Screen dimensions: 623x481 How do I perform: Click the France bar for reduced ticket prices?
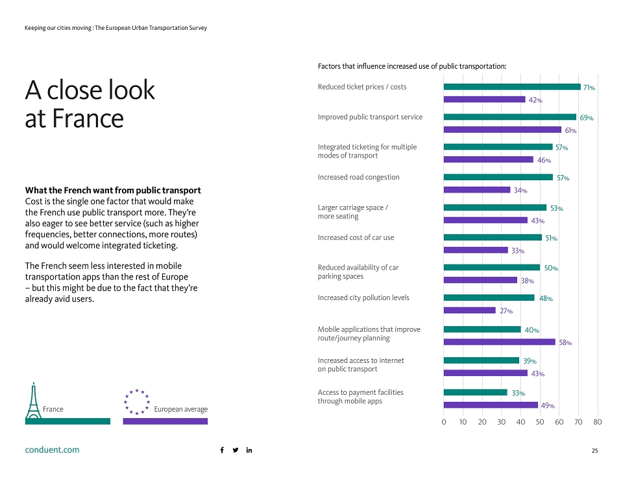(512, 87)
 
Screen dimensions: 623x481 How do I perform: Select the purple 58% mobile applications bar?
(500, 342)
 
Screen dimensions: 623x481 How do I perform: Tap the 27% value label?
(506, 311)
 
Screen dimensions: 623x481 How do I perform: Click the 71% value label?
(589, 88)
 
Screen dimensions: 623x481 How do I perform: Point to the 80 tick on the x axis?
(598, 422)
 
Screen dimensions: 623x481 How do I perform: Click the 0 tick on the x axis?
(444, 422)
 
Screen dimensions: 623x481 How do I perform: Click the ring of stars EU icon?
(137, 402)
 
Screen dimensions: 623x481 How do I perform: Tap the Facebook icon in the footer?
(222, 450)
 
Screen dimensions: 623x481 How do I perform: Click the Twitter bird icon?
(236, 450)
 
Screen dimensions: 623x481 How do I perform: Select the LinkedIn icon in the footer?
(249, 450)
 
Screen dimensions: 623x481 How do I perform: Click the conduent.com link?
(52, 450)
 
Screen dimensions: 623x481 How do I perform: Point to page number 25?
(595, 451)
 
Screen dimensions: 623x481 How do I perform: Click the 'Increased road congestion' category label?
(358, 177)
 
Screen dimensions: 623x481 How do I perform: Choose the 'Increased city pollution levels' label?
(363, 298)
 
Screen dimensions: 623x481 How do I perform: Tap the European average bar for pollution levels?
(470, 310)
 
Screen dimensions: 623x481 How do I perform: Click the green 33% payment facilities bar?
(476, 392)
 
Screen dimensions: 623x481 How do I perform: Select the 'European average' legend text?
(181, 409)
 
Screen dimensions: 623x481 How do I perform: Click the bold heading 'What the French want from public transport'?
(113, 190)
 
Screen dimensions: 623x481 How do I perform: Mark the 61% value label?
(570, 130)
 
